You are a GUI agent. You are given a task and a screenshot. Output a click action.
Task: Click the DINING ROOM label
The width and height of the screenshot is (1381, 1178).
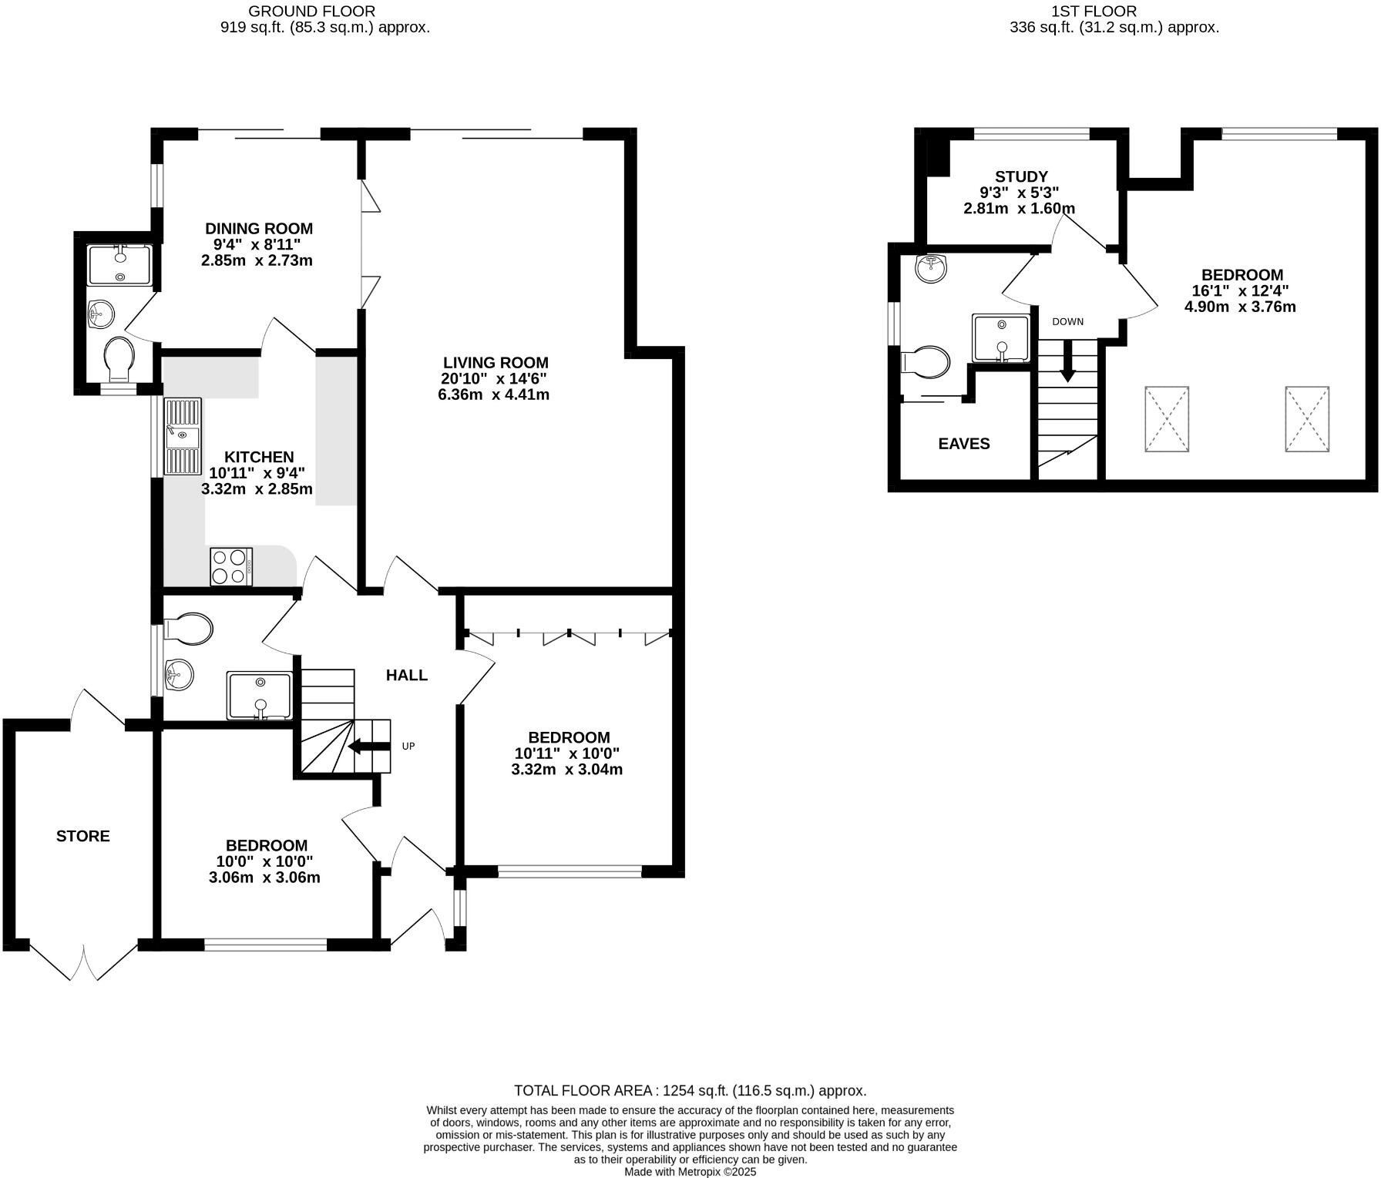pyautogui.click(x=258, y=228)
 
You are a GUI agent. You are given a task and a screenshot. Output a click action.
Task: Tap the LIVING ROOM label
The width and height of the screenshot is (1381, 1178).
pyautogui.click(x=496, y=362)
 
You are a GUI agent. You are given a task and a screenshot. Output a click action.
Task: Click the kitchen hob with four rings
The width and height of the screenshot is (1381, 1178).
pyautogui.click(x=231, y=566)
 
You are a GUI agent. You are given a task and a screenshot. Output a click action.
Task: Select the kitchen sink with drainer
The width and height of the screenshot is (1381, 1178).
pyautogui.click(x=182, y=436)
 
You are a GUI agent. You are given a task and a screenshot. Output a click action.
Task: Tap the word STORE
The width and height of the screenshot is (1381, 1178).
pyautogui.click(x=82, y=836)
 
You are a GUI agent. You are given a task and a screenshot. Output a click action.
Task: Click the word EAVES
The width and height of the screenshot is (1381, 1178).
pyautogui.click(x=963, y=444)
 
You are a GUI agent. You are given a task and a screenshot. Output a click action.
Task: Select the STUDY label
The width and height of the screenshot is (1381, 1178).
pyautogui.click(x=1021, y=176)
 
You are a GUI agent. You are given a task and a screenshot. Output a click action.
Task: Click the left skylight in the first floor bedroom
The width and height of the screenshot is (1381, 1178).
pyautogui.click(x=1167, y=419)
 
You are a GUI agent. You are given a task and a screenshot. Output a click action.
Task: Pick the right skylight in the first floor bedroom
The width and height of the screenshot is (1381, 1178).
pyautogui.click(x=1306, y=419)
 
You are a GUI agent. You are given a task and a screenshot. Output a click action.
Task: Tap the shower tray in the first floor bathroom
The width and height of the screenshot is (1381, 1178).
pyautogui.click(x=1000, y=338)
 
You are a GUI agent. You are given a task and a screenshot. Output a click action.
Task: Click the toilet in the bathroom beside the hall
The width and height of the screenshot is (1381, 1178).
pyautogui.click(x=187, y=629)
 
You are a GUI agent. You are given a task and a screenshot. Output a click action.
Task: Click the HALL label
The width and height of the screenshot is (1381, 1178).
pyautogui.click(x=406, y=676)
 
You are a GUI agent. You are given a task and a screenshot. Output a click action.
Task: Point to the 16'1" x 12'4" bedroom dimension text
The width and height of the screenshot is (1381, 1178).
pyautogui.click(x=1240, y=290)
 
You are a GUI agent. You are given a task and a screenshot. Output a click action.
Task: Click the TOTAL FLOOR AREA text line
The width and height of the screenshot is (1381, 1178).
pyautogui.click(x=690, y=1090)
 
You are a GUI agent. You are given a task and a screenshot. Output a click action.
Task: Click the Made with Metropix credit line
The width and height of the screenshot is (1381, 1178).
pyautogui.click(x=690, y=1171)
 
